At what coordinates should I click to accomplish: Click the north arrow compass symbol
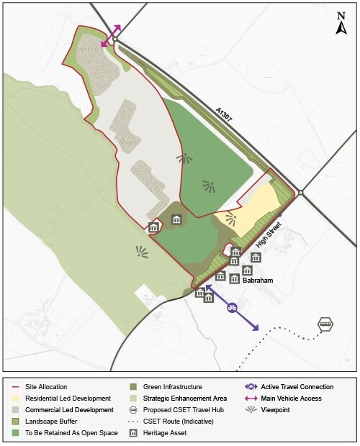click(x=341, y=23)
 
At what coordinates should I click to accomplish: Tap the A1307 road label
click(x=228, y=117)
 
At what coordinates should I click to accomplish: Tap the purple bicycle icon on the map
click(x=233, y=308)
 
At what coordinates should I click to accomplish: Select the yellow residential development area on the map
click(x=252, y=209)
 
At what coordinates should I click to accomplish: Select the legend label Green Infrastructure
click(x=172, y=387)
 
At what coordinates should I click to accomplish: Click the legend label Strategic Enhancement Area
click(x=184, y=399)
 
